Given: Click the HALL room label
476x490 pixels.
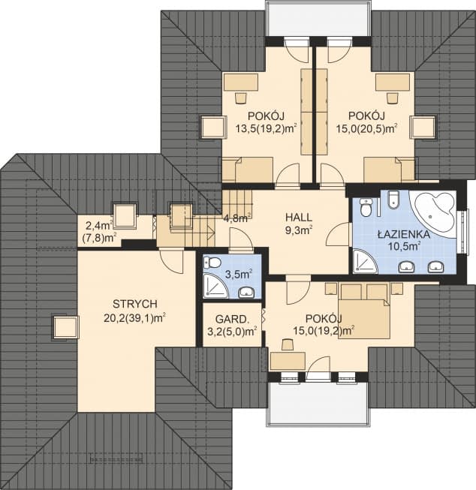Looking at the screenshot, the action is (x=298, y=217).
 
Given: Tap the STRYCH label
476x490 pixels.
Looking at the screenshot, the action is (x=135, y=303).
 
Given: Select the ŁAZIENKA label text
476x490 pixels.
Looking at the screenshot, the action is (x=404, y=234).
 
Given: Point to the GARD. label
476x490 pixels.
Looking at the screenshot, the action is (x=232, y=320).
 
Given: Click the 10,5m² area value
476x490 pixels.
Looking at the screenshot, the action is (x=404, y=246).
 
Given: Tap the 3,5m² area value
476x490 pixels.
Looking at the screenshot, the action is (x=239, y=275).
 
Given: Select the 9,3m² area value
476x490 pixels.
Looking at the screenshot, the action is (x=298, y=230).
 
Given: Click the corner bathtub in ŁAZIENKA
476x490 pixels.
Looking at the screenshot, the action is (x=433, y=209).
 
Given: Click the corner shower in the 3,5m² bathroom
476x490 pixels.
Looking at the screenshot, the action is (x=215, y=285).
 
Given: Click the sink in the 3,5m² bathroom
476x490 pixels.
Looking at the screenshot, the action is (x=246, y=293).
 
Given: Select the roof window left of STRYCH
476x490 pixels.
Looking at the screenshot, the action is (x=65, y=327).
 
